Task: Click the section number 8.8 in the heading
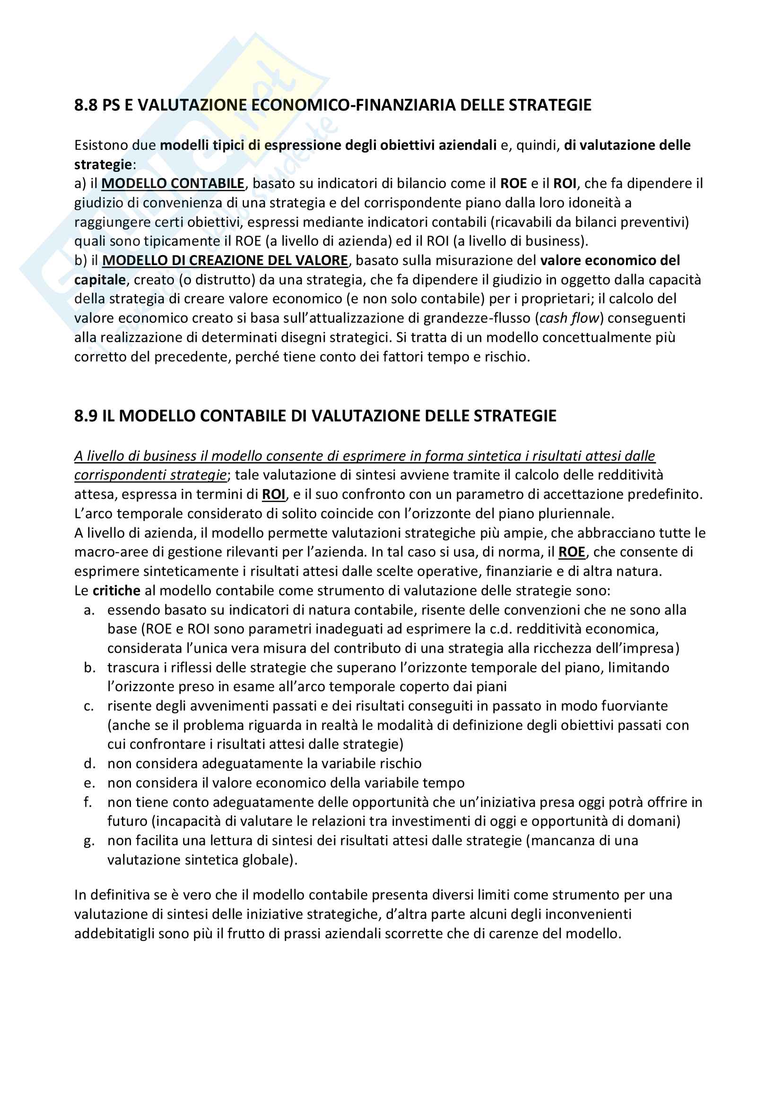click(86, 105)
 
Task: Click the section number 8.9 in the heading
click(86, 416)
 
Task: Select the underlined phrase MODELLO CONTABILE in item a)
click(173, 183)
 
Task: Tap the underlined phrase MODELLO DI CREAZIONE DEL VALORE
click(225, 260)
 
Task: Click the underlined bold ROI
click(273, 494)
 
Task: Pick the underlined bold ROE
click(572, 552)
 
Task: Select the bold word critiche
click(116, 591)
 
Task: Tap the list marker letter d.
click(89, 764)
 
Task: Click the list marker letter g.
click(89, 841)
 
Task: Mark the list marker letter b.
click(89, 668)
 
